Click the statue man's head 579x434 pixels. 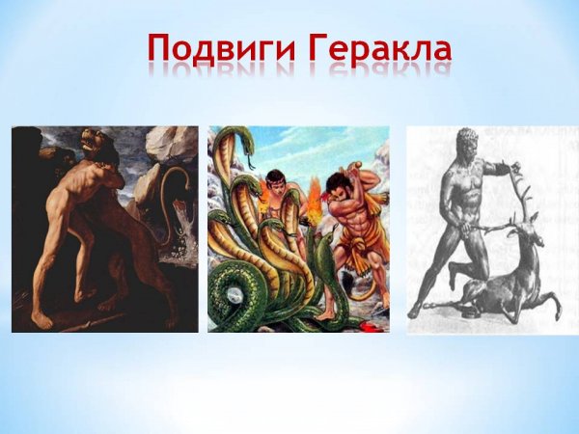tap(472, 146)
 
